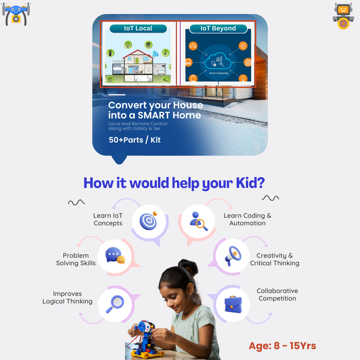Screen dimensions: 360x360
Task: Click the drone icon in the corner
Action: click(x=16, y=14)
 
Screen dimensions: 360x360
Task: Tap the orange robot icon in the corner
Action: click(x=343, y=16)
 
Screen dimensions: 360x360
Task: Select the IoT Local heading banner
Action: click(x=138, y=28)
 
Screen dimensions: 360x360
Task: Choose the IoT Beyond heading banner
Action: click(x=218, y=28)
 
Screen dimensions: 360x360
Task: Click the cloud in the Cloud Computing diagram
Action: click(x=218, y=61)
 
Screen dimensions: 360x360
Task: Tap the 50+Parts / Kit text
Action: click(x=135, y=140)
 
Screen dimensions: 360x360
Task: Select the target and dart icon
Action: click(x=149, y=220)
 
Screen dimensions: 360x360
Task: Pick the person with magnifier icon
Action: click(x=198, y=221)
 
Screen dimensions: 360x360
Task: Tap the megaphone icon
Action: click(x=233, y=256)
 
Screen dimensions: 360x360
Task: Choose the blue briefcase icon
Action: click(x=233, y=304)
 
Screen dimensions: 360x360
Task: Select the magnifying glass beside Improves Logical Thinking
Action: click(x=115, y=304)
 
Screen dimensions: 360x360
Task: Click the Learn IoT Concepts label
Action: click(x=108, y=220)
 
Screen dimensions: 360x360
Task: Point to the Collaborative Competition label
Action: click(x=277, y=294)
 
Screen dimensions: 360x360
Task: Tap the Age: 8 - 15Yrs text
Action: click(x=282, y=346)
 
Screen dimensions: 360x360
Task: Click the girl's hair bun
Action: click(x=188, y=267)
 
